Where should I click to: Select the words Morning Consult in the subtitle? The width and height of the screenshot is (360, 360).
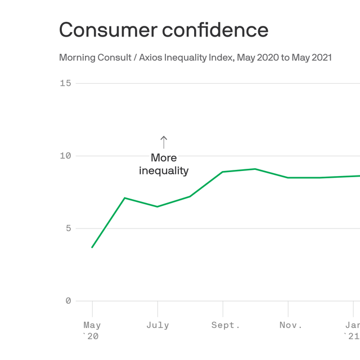click(x=92, y=57)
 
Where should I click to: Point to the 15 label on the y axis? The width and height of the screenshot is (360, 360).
click(x=65, y=83)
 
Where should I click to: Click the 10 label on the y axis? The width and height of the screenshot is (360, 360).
click(x=65, y=156)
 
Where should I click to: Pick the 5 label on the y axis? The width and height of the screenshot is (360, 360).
click(x=68, y=228)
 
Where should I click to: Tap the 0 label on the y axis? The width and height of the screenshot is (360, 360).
click(x=68, y=301)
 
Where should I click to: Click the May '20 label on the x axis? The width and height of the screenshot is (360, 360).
click(x=92, y=330)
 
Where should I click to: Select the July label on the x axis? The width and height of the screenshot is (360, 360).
click(x=157, y=325)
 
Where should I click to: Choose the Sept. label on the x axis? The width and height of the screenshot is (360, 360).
click(x=226, y=325)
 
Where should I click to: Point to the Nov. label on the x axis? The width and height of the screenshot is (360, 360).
click(x=290, y=325)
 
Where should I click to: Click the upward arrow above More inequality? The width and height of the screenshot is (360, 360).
click(x=164, y=142)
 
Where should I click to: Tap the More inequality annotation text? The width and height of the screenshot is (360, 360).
click(x=164, y=164)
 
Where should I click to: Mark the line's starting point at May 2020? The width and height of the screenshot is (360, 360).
click(x=92, y=247)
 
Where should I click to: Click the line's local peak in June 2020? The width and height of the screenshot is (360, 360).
click(x=125, y=198)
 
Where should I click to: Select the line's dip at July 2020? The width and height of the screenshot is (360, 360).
click(x=157, y=206)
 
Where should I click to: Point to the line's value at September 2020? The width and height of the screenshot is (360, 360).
click(x=223, y=172)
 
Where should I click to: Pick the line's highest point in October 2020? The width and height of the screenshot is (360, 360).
click(x=255, y=169)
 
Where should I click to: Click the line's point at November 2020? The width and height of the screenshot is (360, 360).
click(x=288, y=178)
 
